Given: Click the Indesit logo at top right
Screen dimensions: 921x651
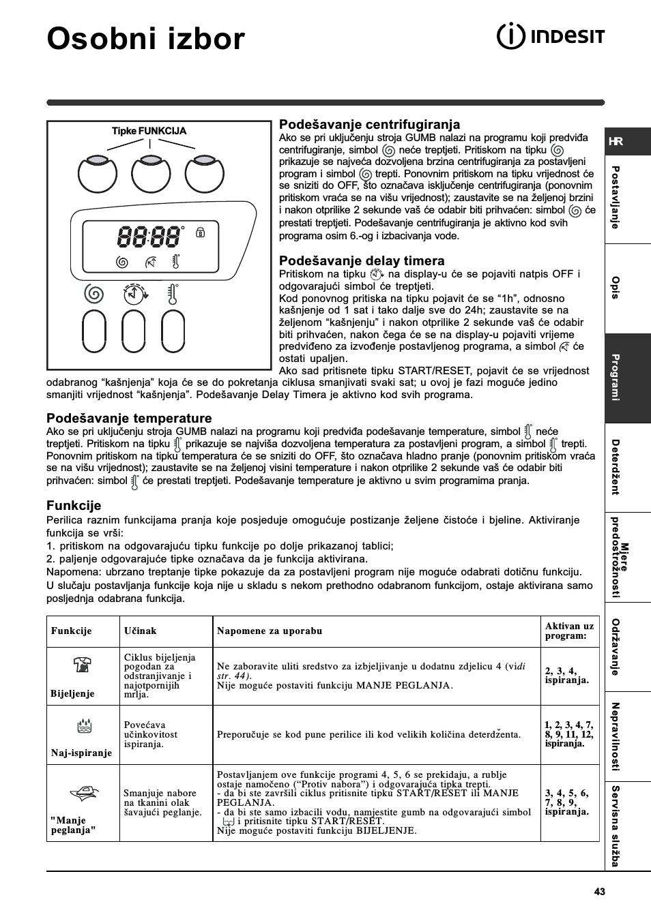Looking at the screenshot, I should [549, 36].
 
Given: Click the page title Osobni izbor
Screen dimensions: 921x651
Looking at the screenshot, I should [145, 39].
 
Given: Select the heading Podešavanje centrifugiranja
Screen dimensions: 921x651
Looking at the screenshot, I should [369, 124].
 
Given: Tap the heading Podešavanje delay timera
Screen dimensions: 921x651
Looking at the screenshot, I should [362, 260].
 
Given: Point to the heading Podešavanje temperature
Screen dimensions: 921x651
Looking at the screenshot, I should [129, 418].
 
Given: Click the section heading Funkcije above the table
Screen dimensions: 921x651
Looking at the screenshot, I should [74, 505].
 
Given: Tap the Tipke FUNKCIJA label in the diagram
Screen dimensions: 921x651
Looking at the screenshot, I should [149, 131].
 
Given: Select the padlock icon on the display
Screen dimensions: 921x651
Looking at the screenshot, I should [200, 232].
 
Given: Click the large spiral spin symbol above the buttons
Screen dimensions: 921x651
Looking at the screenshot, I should [94, 294].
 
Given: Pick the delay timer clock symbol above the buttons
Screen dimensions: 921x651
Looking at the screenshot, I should [135, 293].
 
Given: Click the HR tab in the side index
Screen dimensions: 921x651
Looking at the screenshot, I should [616, 141].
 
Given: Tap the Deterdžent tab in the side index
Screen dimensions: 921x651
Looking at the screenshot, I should [616, 467].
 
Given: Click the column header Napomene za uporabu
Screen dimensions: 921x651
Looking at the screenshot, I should [270, 631].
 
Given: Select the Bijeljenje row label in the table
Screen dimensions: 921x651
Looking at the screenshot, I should [72, 693].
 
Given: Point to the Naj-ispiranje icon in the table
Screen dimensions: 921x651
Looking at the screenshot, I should [81, 725].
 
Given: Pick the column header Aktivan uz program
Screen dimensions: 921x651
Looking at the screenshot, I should [569, 631].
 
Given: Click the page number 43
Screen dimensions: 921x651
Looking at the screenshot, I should [599, 892].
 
